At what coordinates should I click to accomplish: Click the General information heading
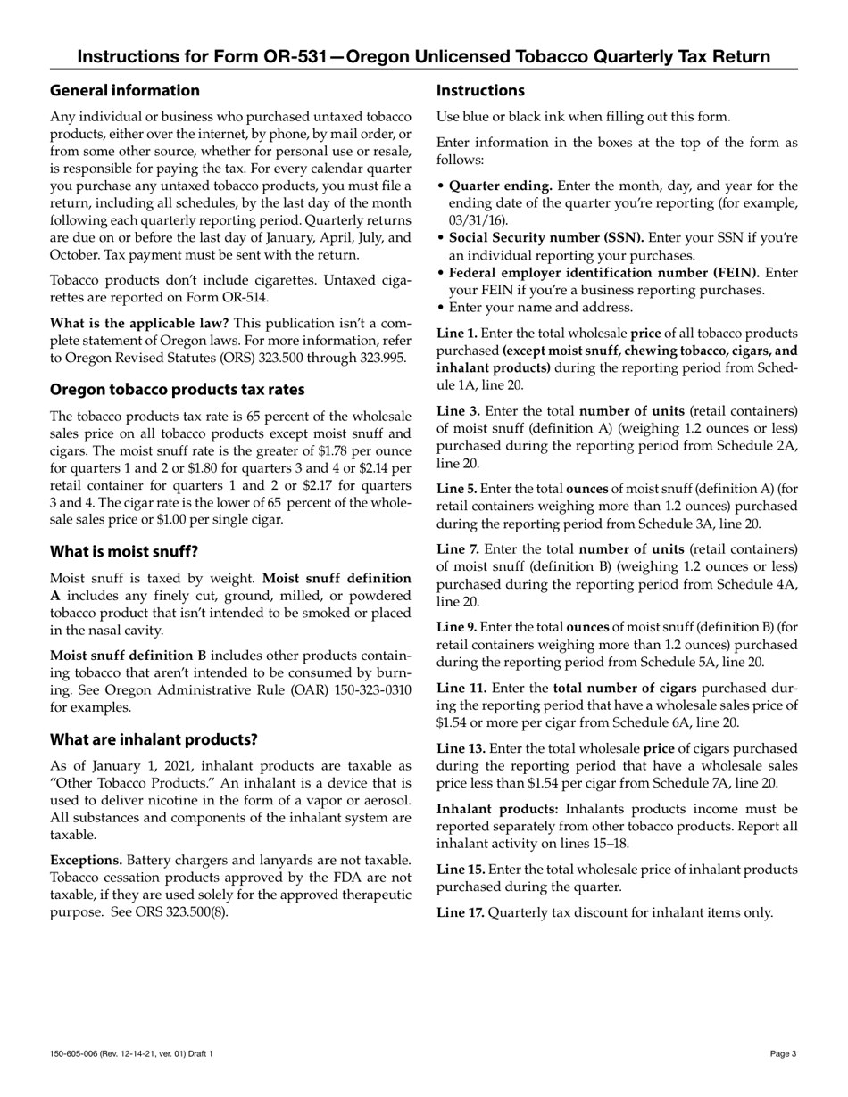point(125,90)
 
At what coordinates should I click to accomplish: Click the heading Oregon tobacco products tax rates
point(177,390)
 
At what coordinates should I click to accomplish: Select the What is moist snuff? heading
point(124,551)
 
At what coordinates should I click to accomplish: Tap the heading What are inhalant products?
point(154,739)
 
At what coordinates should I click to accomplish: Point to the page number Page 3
point(784,1054)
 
